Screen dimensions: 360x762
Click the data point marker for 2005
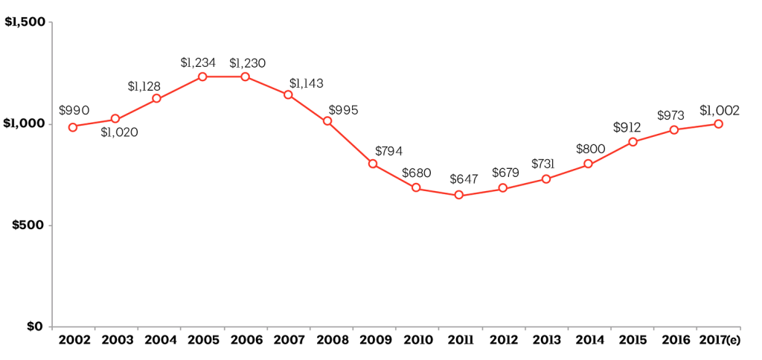tap(202, 77)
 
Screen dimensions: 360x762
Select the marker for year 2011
tap(459, 195)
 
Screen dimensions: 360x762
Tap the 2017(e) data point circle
tap(719, 123)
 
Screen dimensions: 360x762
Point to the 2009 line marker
tap(373, 164)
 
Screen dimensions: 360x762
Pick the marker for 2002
tap(73, 127)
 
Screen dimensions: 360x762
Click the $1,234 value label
tap(198, 62)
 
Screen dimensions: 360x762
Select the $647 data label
tap(464, 179)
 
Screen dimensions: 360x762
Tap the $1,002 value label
tap(720, 110)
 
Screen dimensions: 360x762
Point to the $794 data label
tap(389, 151)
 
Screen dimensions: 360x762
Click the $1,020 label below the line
tap(119, 133)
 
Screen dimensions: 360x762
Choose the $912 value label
tap(627, 127)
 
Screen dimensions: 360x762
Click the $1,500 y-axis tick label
tap(25, 22)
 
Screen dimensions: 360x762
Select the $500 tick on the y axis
tap(29, 225)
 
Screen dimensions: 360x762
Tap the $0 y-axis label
tap(35, 327)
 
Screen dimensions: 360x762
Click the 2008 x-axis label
tap(332, 341)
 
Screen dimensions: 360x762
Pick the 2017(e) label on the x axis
tap(719, 341)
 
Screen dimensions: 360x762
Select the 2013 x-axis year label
tap(547, 341)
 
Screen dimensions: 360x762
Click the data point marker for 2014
tap(588, 164)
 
